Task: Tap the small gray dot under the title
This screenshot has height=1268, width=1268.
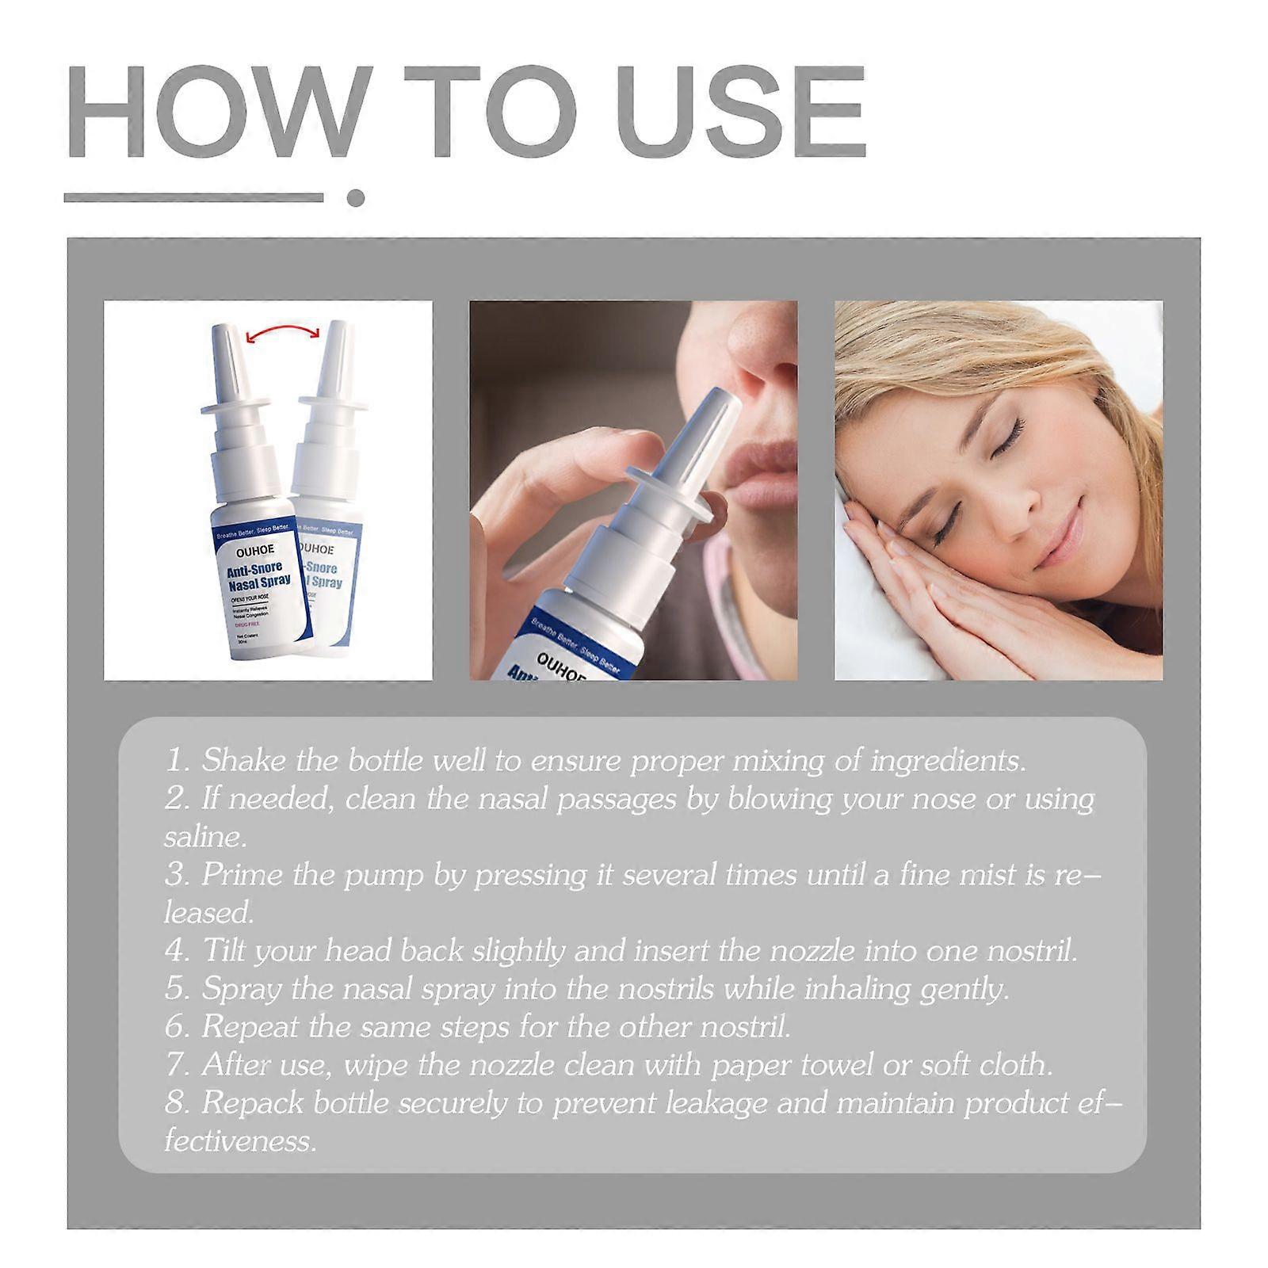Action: [356, 197]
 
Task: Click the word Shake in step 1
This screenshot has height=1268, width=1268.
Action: [244, 761]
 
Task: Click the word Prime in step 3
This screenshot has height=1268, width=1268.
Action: [243, 875]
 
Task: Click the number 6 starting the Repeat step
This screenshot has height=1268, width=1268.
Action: [175, 1028]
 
